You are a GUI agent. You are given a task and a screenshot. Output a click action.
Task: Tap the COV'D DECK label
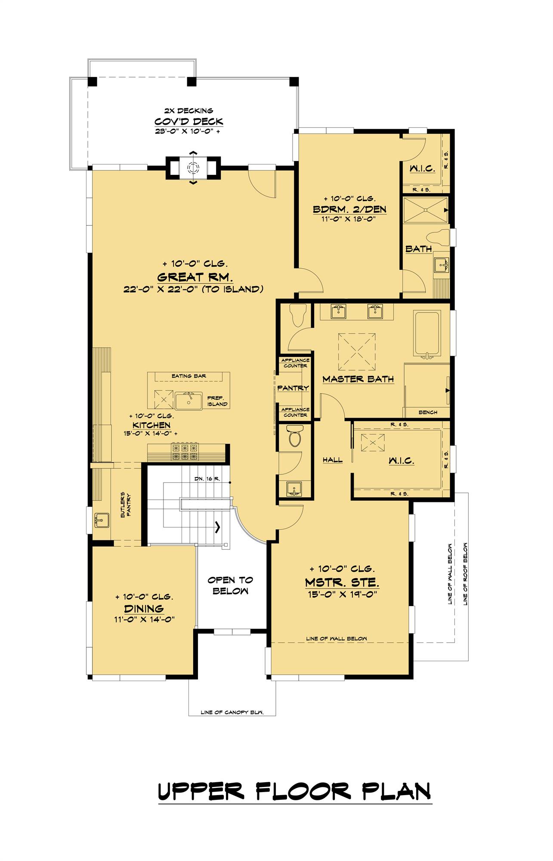click(189, 121)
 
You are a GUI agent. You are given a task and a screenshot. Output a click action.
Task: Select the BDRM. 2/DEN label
click(349, 209)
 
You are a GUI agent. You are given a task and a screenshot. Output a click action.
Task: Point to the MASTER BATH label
click(358, 379)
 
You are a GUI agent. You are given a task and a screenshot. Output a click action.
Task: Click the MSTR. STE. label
click(342, 583)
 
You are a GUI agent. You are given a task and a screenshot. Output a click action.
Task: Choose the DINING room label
click(144, 609)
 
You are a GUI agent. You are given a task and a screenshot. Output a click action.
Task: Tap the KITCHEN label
click(151, 425)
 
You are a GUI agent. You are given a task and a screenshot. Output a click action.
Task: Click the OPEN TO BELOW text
click(230, 585)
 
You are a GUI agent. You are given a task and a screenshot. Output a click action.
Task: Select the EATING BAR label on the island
click(188, 376)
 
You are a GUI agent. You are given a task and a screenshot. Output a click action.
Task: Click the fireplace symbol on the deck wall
click(193, 167)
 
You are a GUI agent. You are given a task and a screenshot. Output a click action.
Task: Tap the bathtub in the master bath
click(427, 334)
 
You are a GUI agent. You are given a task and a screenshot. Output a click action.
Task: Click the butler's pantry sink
click(102, 520)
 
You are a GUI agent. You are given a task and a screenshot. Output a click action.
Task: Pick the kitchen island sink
click(188, 401)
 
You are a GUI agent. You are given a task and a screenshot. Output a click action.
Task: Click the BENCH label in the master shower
click(428, 412)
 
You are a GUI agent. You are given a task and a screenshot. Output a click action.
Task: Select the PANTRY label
click(293, 388)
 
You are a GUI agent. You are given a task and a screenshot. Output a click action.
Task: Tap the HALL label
click(333, 460)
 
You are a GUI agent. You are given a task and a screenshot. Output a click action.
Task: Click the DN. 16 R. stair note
click(207, 479)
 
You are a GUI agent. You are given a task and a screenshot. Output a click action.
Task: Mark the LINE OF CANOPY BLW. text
click(232, 712)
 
